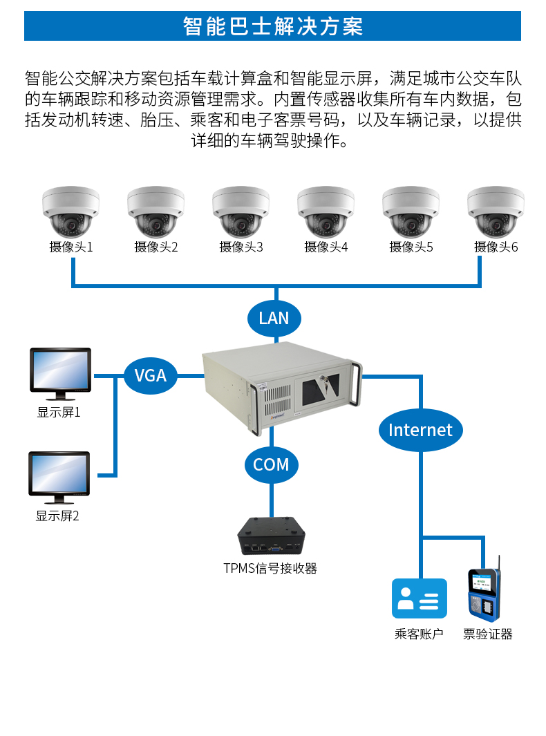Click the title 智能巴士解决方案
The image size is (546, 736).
273,26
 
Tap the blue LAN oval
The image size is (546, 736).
274,318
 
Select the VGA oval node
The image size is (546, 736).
151,375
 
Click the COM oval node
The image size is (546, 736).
271,464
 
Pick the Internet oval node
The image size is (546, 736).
420,430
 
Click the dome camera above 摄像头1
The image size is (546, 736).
70,211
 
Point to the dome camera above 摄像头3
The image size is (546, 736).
241,211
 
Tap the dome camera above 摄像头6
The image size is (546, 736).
495,211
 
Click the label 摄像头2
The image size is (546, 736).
156,247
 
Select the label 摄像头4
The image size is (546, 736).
326,247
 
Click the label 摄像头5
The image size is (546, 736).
411,247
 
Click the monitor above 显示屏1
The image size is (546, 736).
60,373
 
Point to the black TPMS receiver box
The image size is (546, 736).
271,536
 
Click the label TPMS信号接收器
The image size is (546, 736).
270,569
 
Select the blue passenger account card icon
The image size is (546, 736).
420,598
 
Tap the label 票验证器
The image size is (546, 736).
488,634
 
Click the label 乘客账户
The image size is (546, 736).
419,634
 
